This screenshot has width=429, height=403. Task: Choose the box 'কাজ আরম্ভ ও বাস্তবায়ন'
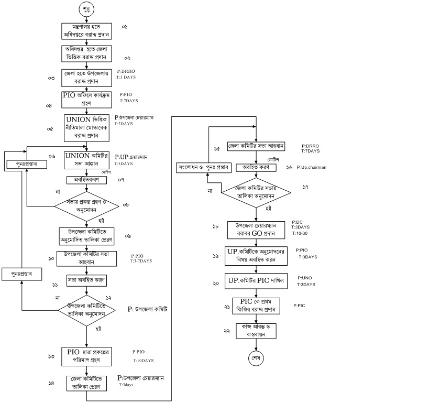(x=256, y=330)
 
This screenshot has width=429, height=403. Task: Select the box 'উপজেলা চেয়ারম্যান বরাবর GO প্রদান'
(x=255, y=229)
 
